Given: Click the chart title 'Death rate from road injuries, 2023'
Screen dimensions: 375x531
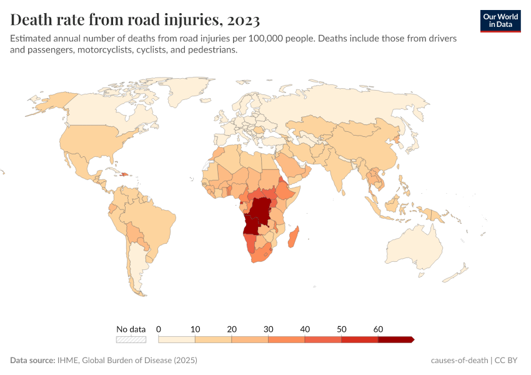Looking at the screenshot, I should coord(135,20).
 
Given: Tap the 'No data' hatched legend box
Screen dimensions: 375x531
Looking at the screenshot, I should coord(131,339).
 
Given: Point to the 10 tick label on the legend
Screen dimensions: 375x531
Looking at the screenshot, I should coord(195,329).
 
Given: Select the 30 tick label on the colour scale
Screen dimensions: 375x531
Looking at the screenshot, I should coord(268,329).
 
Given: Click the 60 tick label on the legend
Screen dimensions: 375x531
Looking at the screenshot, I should coord(378,329).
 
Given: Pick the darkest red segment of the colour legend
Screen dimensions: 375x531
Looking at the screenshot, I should coord(395,339).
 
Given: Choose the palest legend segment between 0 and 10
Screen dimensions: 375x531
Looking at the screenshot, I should coord(177,339).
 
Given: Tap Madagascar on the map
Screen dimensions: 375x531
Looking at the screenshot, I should coord(294,238).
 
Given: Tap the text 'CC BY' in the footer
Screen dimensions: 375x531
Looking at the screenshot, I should coord(509,361).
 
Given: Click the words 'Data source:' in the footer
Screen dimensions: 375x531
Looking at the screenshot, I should coord(33,361).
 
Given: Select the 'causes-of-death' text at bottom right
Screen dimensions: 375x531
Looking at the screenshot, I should coord(460,361).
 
